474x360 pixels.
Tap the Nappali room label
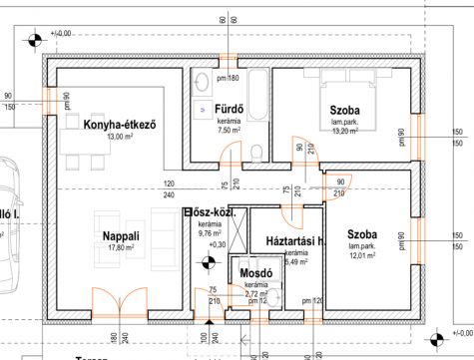[x=119, y=236]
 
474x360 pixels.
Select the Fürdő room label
[x=223, y=109]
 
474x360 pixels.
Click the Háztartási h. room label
[x=290, y=242]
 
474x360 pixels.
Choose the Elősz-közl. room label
[x=210, y=212]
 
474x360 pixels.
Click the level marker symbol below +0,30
[x=209, y=262]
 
